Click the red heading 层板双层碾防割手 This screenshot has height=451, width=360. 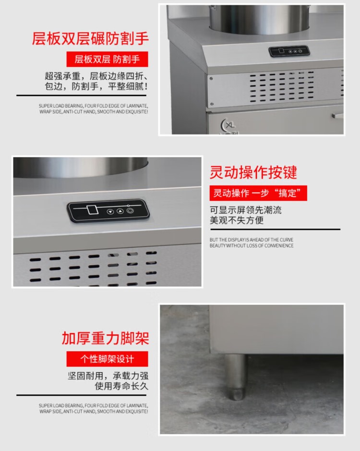point(90,38)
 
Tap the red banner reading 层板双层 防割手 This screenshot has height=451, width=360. point(107,59)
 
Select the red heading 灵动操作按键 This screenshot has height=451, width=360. point(253,172)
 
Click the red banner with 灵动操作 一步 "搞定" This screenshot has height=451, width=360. point(258,193)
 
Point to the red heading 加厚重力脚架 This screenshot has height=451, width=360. point(106,338)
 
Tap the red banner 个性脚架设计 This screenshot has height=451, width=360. point(107,359)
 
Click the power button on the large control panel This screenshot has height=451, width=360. point(130,211)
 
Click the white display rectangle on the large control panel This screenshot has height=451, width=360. point(93,209)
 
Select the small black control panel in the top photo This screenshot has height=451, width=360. point(289,51)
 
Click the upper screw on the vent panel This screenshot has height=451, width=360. point(211,78)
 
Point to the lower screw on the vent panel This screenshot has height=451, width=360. point(212,104)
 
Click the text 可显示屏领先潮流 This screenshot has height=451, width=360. point(246,210)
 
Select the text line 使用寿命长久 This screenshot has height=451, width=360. point(121,386)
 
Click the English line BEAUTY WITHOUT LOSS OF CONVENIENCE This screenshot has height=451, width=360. point(252,245)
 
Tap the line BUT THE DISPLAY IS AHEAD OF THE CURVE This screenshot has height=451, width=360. point(252,240)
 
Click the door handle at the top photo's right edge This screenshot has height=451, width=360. point(337,116)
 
